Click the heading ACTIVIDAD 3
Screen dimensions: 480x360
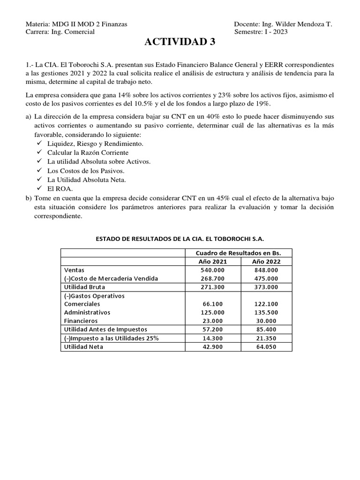click(x=180, y=42)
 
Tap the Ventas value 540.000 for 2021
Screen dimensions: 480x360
click(x=212, y=270)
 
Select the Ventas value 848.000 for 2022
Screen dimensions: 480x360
click(x=266, y=270)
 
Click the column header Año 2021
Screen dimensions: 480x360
click(x=212, y=262)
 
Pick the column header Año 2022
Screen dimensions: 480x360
click(x=266, y=262)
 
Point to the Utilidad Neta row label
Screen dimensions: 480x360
click(x=83, y=346)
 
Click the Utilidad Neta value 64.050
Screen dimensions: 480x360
click(x=266, y=346)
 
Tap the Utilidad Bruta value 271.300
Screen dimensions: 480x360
click(x=212, y=287)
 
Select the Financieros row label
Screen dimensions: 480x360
click(x=81, y=321)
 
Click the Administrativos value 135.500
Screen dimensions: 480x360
click(x=266, y=313)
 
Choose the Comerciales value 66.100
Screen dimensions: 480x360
click(x=212, y=304)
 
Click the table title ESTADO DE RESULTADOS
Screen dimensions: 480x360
click(x=180, y=239)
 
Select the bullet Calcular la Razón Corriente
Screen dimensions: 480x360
click(x=88, y=152)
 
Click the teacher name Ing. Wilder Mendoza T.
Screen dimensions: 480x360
click(x=296, y=24)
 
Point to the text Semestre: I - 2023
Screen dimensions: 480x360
click(x=261, y=32)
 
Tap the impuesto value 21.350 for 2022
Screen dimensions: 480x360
click(x=266, y=338)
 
